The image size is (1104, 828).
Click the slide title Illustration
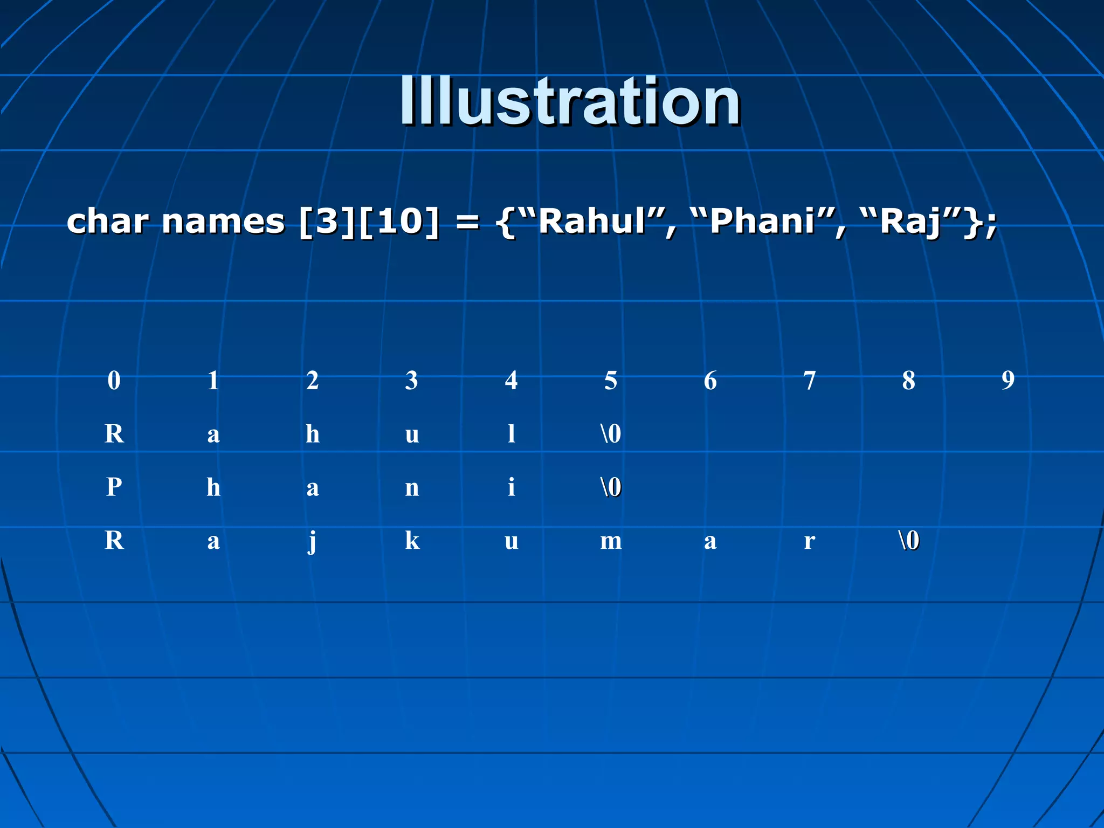point(570,101)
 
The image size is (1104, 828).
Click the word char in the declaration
point(107,222)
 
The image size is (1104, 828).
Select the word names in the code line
point(223,222)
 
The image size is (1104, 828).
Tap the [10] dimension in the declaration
point(398,222)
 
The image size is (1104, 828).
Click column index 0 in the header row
point(114,381)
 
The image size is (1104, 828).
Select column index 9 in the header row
point(1008,381)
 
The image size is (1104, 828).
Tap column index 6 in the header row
point(710,381)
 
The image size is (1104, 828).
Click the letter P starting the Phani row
point(114,487)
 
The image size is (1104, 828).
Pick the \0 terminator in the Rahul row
point(611,434)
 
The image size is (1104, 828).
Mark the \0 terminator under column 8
point(909,541)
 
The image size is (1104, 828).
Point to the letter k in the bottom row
point(412,541)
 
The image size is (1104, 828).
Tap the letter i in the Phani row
point(511,487)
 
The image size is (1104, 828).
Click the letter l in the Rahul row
point(511,434)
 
